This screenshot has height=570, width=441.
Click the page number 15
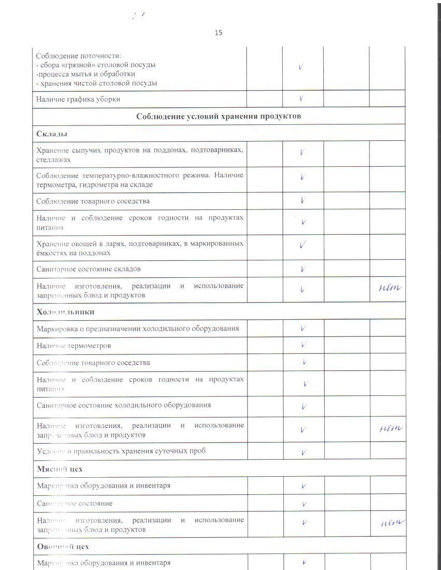tap(218, 33)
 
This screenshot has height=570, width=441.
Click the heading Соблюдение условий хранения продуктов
tap(218, 116)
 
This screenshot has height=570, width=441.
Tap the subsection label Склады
tap(52, 134)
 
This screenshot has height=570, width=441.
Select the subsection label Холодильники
tap(65, 311)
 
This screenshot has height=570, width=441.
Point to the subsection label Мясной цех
tap(60, 468)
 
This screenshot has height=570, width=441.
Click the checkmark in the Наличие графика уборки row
tap(302, 97)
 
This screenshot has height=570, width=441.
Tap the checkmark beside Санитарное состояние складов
tap(302, 269)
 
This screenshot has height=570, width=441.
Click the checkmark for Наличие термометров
tap(304, 345)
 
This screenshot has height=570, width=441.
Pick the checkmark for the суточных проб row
tap(304, 452)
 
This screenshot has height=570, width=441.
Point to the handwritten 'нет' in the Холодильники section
tap(388, 427)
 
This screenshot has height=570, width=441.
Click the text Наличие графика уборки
tap(81, 98)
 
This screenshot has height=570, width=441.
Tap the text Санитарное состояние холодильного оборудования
tap(124, 405)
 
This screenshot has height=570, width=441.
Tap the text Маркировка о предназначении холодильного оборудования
tap(138, 328)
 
